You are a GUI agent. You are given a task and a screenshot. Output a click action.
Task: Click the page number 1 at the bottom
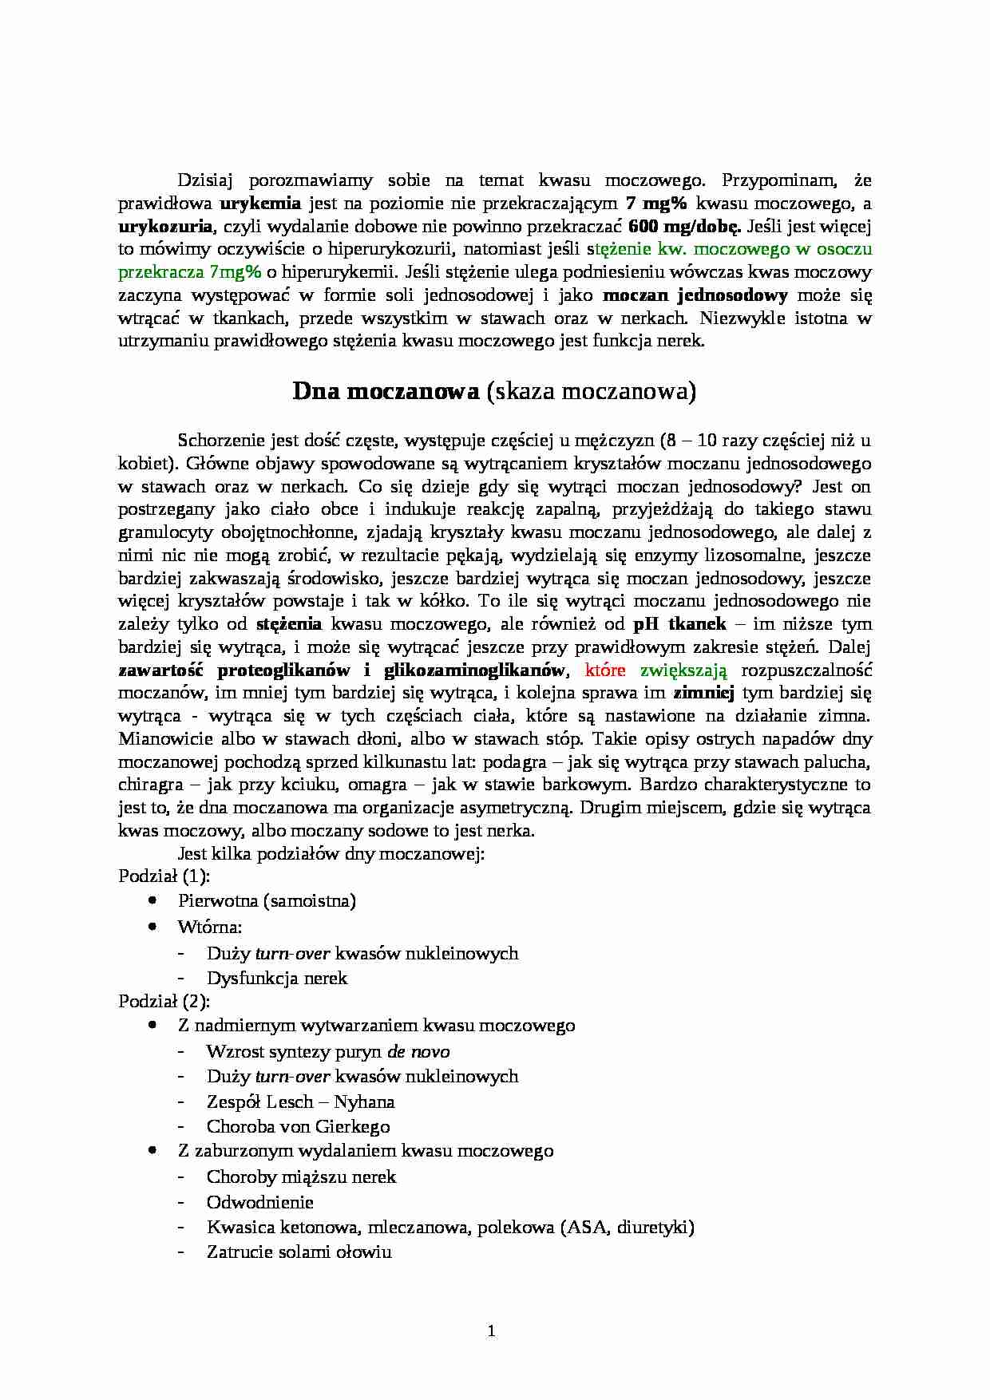491,1330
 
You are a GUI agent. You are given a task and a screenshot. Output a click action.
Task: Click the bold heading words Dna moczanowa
386,392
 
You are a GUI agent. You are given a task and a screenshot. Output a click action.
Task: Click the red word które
604,669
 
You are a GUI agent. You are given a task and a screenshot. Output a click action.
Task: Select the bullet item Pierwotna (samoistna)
267,900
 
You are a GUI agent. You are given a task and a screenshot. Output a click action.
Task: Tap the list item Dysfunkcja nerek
277,978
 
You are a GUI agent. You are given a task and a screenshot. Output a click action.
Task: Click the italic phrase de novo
418,1051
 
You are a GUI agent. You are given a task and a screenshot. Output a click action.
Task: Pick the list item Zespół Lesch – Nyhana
300,1101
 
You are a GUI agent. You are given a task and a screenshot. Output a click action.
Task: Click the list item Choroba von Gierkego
298,1126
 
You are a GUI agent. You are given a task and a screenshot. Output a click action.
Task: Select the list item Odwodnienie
259,1202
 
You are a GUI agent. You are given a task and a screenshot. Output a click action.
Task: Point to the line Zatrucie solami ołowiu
299,1252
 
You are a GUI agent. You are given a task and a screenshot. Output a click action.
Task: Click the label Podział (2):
164,1000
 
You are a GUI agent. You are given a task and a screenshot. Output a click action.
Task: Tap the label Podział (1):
164,876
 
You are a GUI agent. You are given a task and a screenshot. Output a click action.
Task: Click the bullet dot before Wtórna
152,927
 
